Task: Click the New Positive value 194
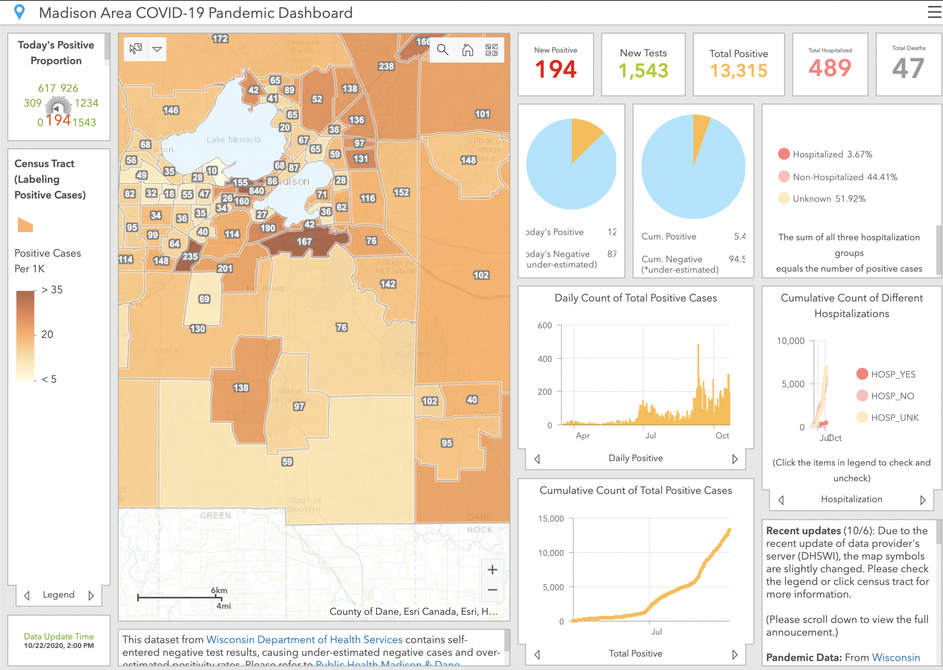click(555, 70)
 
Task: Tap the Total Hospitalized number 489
click(830, 68)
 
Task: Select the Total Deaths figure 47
click(908, 69)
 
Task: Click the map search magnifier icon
click(442, 50)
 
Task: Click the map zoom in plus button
click(492, 570)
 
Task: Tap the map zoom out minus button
click(492, 590)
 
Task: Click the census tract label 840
click(256, 191)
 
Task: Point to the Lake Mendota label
click(233, 140)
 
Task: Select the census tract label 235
click(190, 256)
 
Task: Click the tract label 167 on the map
click(304, 241)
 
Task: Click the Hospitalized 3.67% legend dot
click(784, 154)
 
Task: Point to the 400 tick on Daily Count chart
click(545, 359)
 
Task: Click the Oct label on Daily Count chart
click(722, 436)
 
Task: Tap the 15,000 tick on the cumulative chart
click(551, 519)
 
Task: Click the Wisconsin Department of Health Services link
click(304, 640)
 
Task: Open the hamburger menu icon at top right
click(934, 12)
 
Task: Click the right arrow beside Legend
click(91, 595)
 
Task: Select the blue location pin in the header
click(19, 12)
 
